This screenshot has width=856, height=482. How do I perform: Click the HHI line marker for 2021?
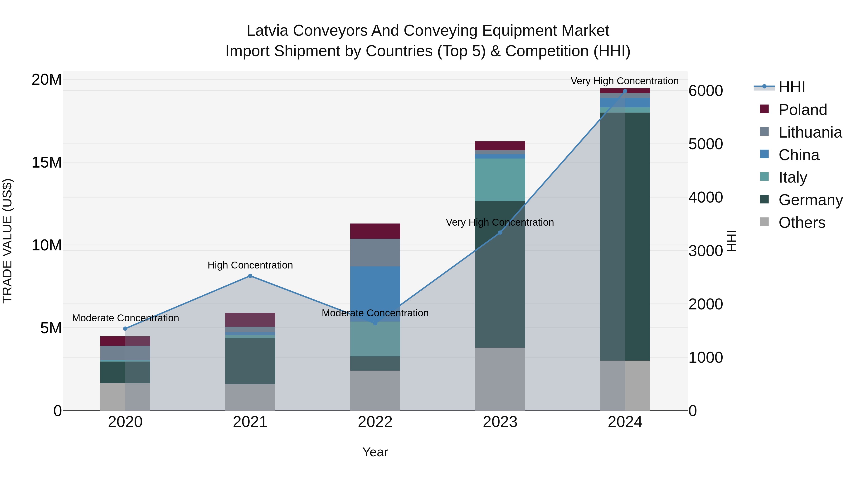point(250,276)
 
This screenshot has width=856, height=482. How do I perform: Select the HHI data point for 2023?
point(500,233)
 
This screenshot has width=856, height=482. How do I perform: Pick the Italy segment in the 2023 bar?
point(500,180)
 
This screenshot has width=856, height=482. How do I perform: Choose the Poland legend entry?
point(802,110)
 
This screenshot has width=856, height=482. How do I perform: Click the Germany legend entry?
point(810,200)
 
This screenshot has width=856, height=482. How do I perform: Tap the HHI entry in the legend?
point(792,87)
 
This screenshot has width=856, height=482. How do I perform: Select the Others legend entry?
point(802,223)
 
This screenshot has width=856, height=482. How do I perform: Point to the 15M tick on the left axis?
point(47,162)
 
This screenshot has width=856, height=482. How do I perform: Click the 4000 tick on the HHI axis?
point(705,197)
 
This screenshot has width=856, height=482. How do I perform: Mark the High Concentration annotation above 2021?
point(250,265)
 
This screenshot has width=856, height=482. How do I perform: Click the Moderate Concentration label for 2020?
point(125,318)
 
